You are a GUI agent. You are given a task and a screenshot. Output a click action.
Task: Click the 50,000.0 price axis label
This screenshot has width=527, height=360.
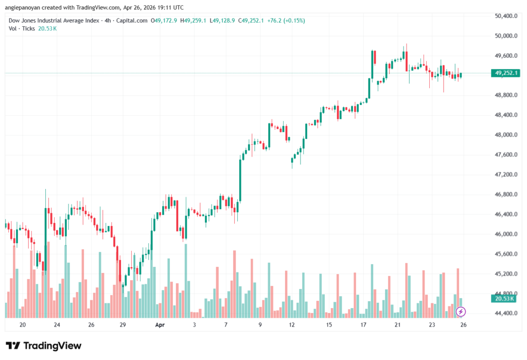pos(505,36)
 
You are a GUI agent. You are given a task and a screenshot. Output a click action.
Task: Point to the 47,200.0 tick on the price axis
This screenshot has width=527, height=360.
pos(505,175)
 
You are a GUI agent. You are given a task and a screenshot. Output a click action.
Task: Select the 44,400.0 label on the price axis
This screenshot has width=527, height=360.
pos(505,314)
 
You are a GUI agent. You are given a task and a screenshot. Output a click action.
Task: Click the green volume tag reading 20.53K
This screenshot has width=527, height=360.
pos(505,298)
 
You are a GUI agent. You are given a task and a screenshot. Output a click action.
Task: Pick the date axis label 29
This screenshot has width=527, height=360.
pos(122,325)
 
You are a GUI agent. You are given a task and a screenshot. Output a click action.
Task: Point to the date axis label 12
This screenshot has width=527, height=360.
pos(292,325)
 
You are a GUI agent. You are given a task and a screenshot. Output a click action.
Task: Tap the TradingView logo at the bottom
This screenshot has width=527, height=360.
pos(44,346)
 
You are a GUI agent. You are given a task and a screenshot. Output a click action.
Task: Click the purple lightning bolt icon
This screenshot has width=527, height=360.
pos(461,311)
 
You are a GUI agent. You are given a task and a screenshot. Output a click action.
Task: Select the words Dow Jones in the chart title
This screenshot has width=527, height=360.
pos(24,21)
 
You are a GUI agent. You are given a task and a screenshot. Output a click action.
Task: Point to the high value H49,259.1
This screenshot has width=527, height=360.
pos(192,21)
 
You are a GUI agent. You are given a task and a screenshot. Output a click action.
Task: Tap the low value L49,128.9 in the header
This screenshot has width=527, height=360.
pos(222,21)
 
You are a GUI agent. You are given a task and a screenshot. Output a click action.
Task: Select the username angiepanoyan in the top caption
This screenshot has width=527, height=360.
pos(25,8)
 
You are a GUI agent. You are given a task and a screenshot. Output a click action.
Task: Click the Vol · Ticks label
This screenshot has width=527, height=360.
pos(22,28)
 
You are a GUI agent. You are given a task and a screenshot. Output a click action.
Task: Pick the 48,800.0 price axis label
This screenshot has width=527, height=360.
pos(505,95)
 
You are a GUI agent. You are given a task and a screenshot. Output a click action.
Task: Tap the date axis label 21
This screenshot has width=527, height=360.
pos(397,325)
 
